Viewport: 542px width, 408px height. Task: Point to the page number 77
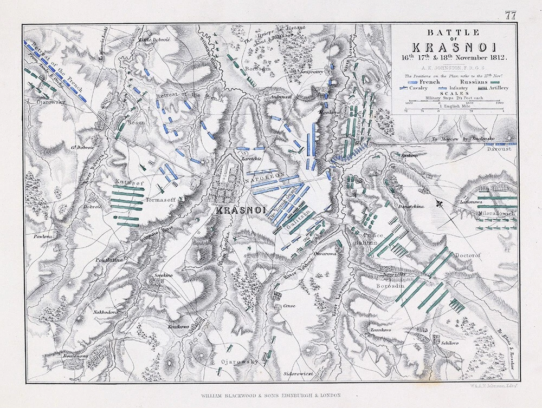click(x=511, y=16)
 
